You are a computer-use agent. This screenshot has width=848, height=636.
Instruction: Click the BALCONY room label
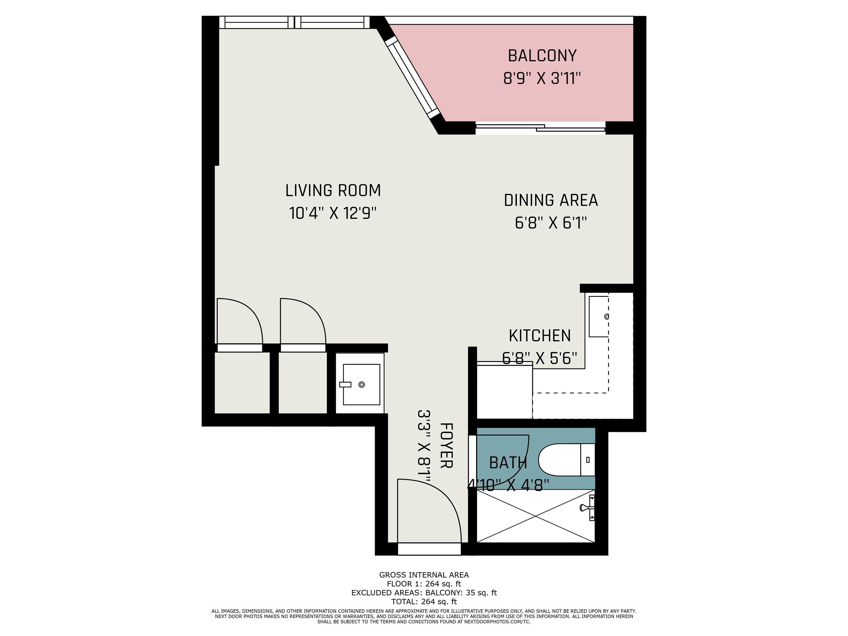pyautogui.click(x=542, y=56)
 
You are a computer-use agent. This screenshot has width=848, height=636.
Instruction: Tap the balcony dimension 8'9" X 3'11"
pyautogui.click(x=542, y=79)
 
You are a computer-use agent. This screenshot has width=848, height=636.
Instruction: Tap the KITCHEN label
pyautogui.click(x=540, y=336)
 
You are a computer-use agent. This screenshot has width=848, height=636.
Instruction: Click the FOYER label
pyautogui.click(x=447, y=446)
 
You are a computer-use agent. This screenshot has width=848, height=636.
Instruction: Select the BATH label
pyautogui.click(x=508, y=463)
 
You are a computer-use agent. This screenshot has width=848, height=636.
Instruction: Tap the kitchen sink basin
pyautogui.click(x=599, y=317)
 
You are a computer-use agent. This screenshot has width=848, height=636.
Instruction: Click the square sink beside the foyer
pyautogui.click(x=361, y=385)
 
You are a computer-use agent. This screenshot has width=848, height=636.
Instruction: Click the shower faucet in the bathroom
pyautogui.click(x=588, y=508)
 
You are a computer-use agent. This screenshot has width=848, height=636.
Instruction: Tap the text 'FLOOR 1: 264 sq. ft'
pyautogui.click(x=424, y=584)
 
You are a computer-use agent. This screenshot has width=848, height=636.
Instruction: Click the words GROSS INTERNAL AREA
pyautogui.click(x=424, y=575)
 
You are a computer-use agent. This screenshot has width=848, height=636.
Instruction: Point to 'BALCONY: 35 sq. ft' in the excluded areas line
pyautogui.click(x=461, y=593)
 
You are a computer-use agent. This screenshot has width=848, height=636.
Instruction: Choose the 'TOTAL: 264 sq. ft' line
pyautogui.click(x=424, y=601)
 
